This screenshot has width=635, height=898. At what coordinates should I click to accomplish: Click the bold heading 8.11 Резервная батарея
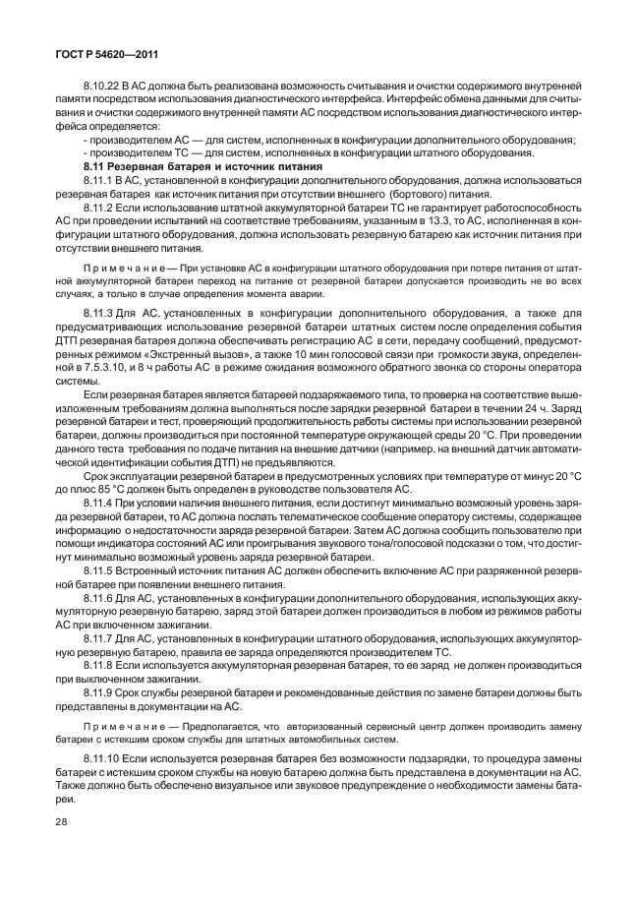pyautogui.click(x=155, y=168)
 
